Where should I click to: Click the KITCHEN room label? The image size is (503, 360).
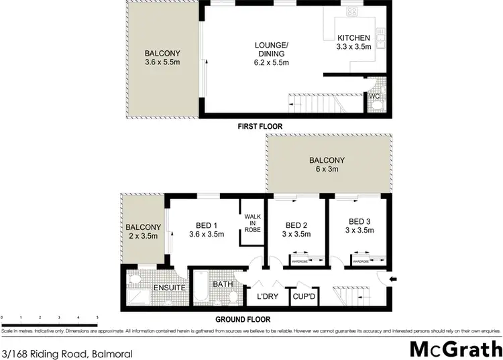pyautogui.click(x=353, y=38)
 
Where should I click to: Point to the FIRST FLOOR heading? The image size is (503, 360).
pyautogui.click(x=260, y=126)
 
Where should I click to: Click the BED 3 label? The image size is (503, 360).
pyautogui.click(x=359, y=221)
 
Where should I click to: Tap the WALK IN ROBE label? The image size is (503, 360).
pyautogui.click(x=252, y=222)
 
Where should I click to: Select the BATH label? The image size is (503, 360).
pyautogui.click(x=222, y=284)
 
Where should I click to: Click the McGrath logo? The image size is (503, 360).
pyautogui.click(x=456, y=349)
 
